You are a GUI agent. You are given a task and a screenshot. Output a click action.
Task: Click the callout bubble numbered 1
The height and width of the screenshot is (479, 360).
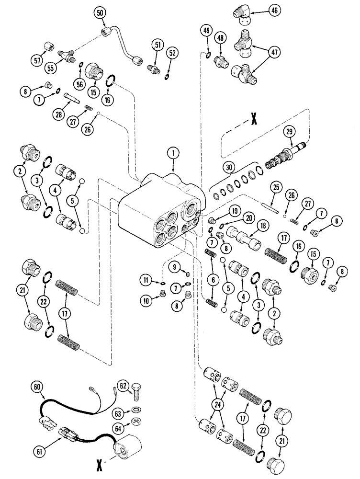tap(173, 154)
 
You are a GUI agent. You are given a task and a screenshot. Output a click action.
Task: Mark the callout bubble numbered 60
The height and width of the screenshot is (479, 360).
tap(38, 385)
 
